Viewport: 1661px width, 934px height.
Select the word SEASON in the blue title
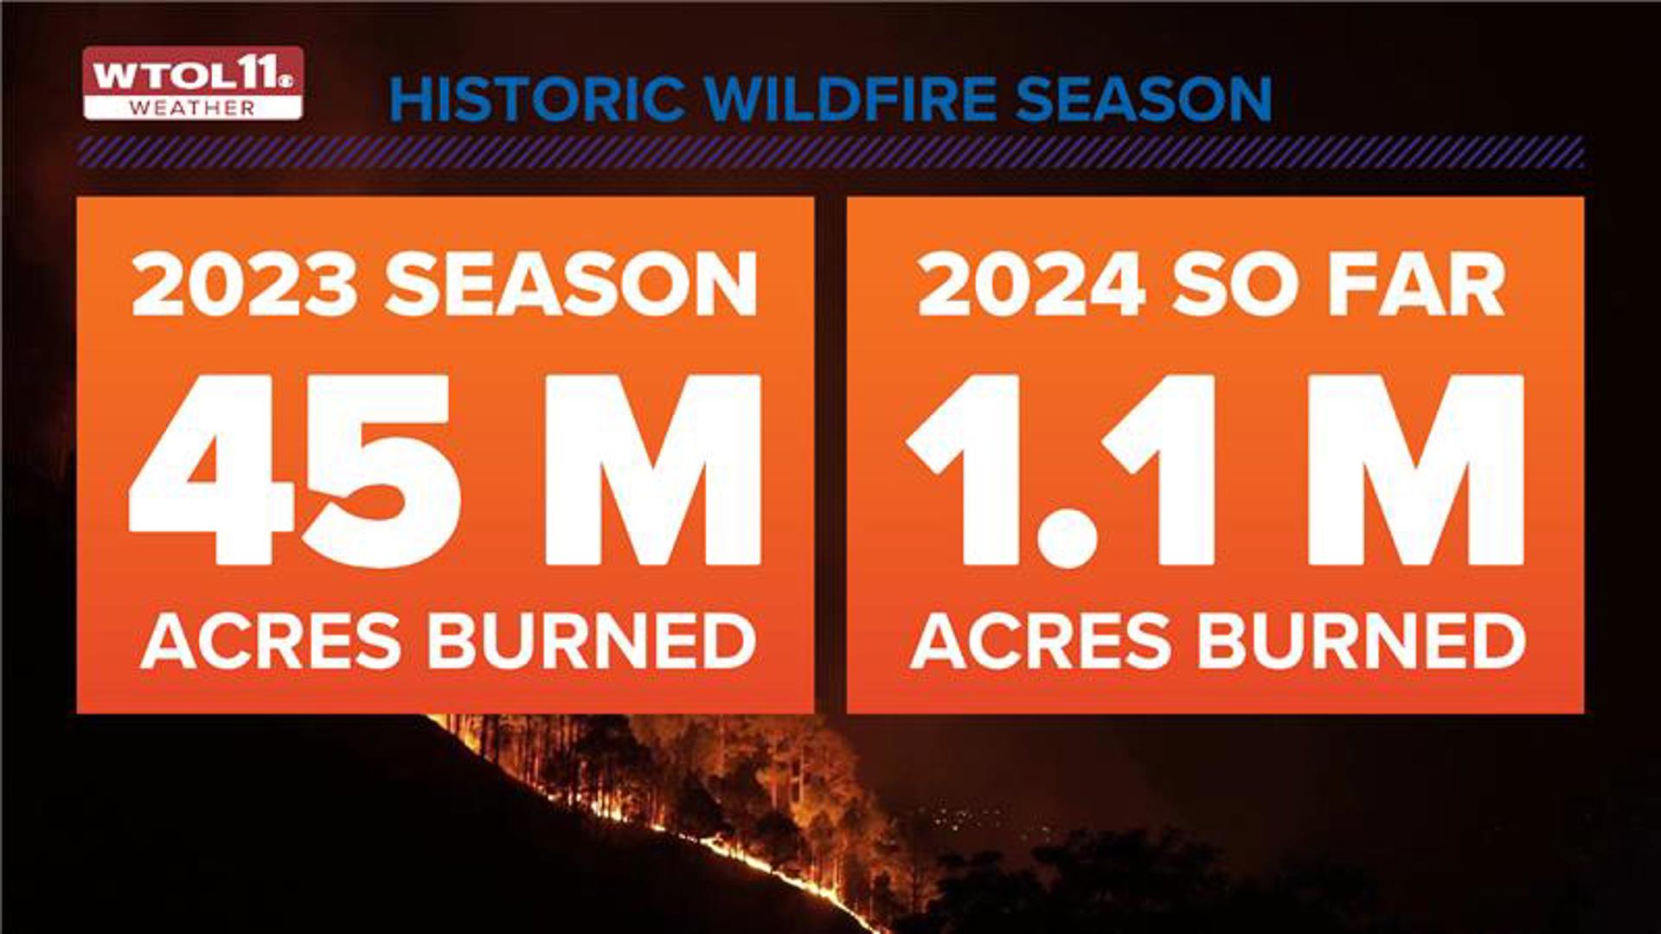click(x=1144, y=99)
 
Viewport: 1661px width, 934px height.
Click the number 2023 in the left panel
click(x=244, y=285)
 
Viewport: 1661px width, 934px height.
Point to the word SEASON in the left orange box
click(x=571, y=285)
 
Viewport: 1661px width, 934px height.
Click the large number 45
click(x=294, y=471)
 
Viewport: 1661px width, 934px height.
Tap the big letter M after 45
click(x=653, y=471)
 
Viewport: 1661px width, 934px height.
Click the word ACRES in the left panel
click(x=271, y=642)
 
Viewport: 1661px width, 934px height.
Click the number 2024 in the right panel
click(x=1031, y=285)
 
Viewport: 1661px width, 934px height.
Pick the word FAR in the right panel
click(x=1416, y=285)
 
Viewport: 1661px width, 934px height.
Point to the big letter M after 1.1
click(x=1415, y=471)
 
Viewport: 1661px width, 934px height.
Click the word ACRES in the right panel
click(x=1041, y=642)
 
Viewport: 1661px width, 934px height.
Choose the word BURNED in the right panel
click(x=1362, y=642)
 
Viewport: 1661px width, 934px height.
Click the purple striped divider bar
click(x=830, y=152)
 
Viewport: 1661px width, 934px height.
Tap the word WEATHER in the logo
click(x=192, y=108)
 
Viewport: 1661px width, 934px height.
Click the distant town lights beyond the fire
click(x=960, y=817)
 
